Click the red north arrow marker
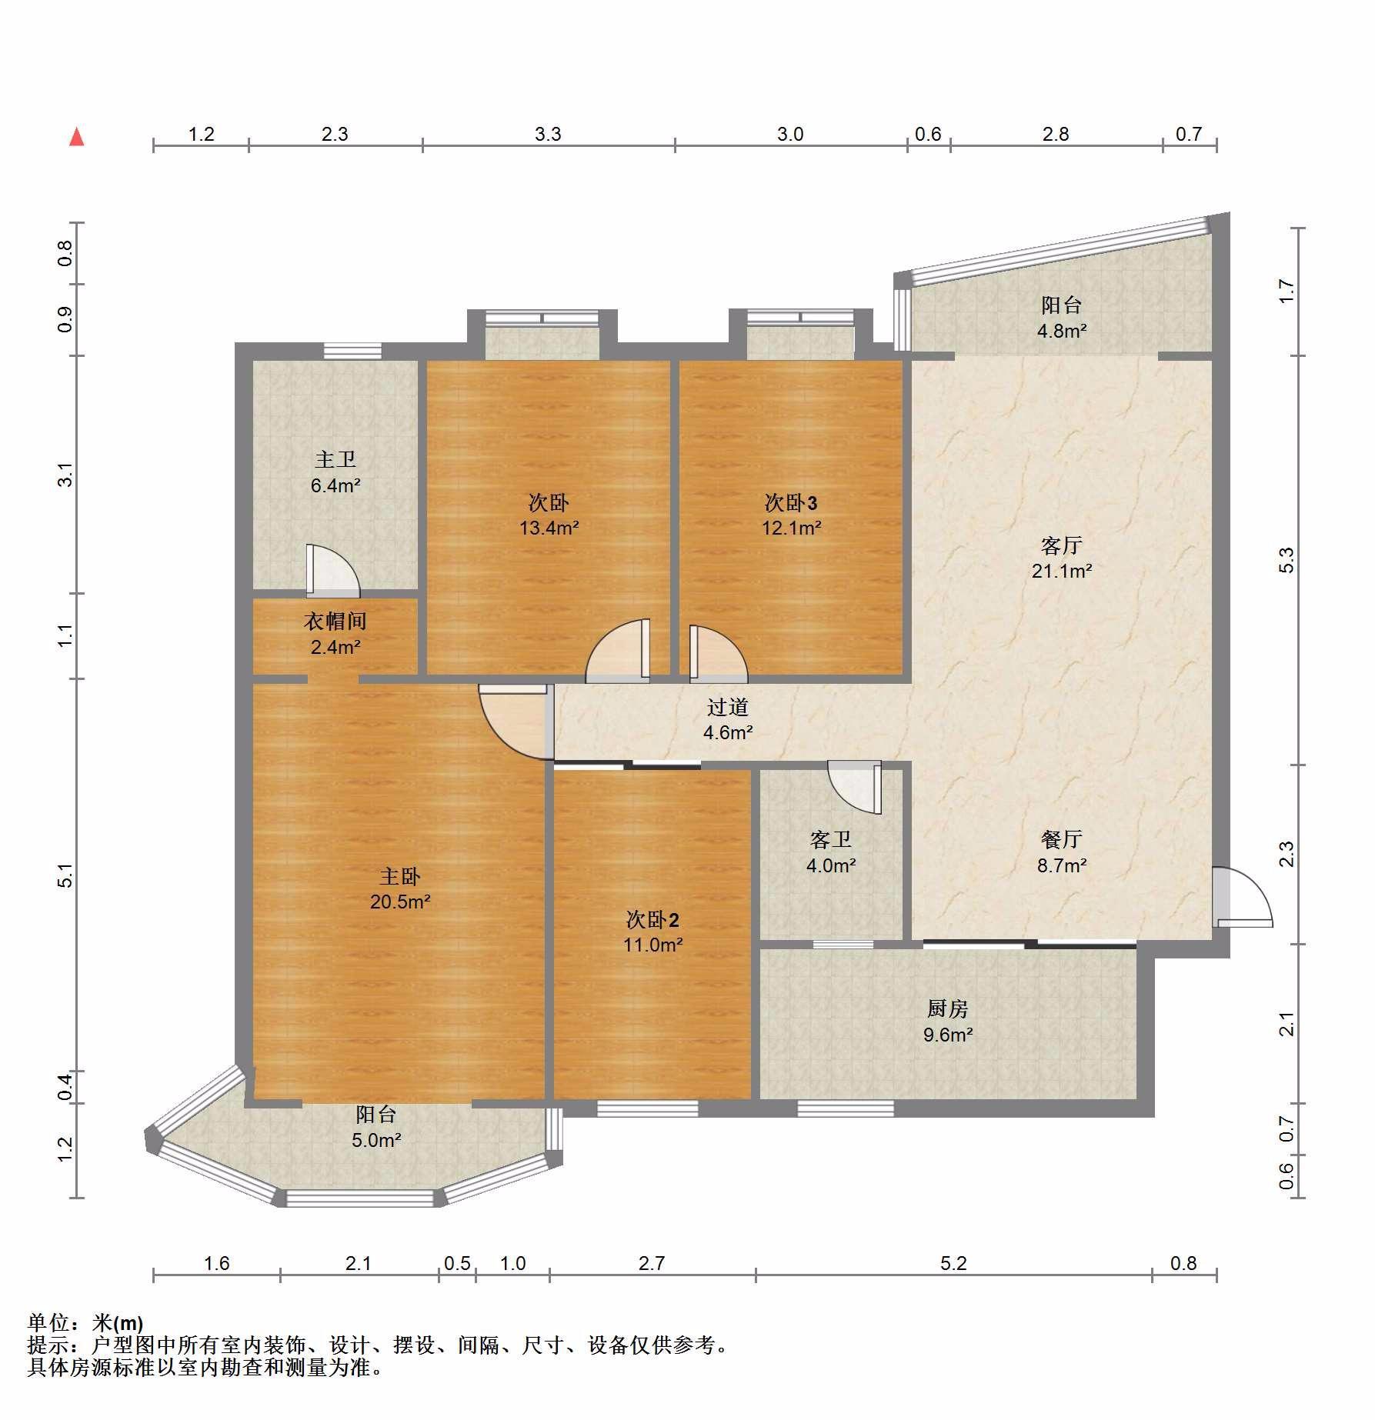pos(76,137)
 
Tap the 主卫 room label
pos(335,459)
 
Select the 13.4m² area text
pos(549,528)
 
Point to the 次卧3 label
pos(791,503)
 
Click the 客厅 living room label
pos(1062,545)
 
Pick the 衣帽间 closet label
pos(335,621)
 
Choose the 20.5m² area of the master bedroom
pos(400,901)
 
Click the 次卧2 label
pos(652,919)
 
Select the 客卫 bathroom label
pos(831,839)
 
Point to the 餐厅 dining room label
pos(1062,839)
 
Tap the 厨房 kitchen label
pos(948,1008)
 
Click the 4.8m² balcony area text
pos(1062,331)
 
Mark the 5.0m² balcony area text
pos(377,1140)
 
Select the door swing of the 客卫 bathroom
pos(854,787)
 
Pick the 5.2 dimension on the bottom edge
pos(953,1263)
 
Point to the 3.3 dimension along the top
pos(548,135)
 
